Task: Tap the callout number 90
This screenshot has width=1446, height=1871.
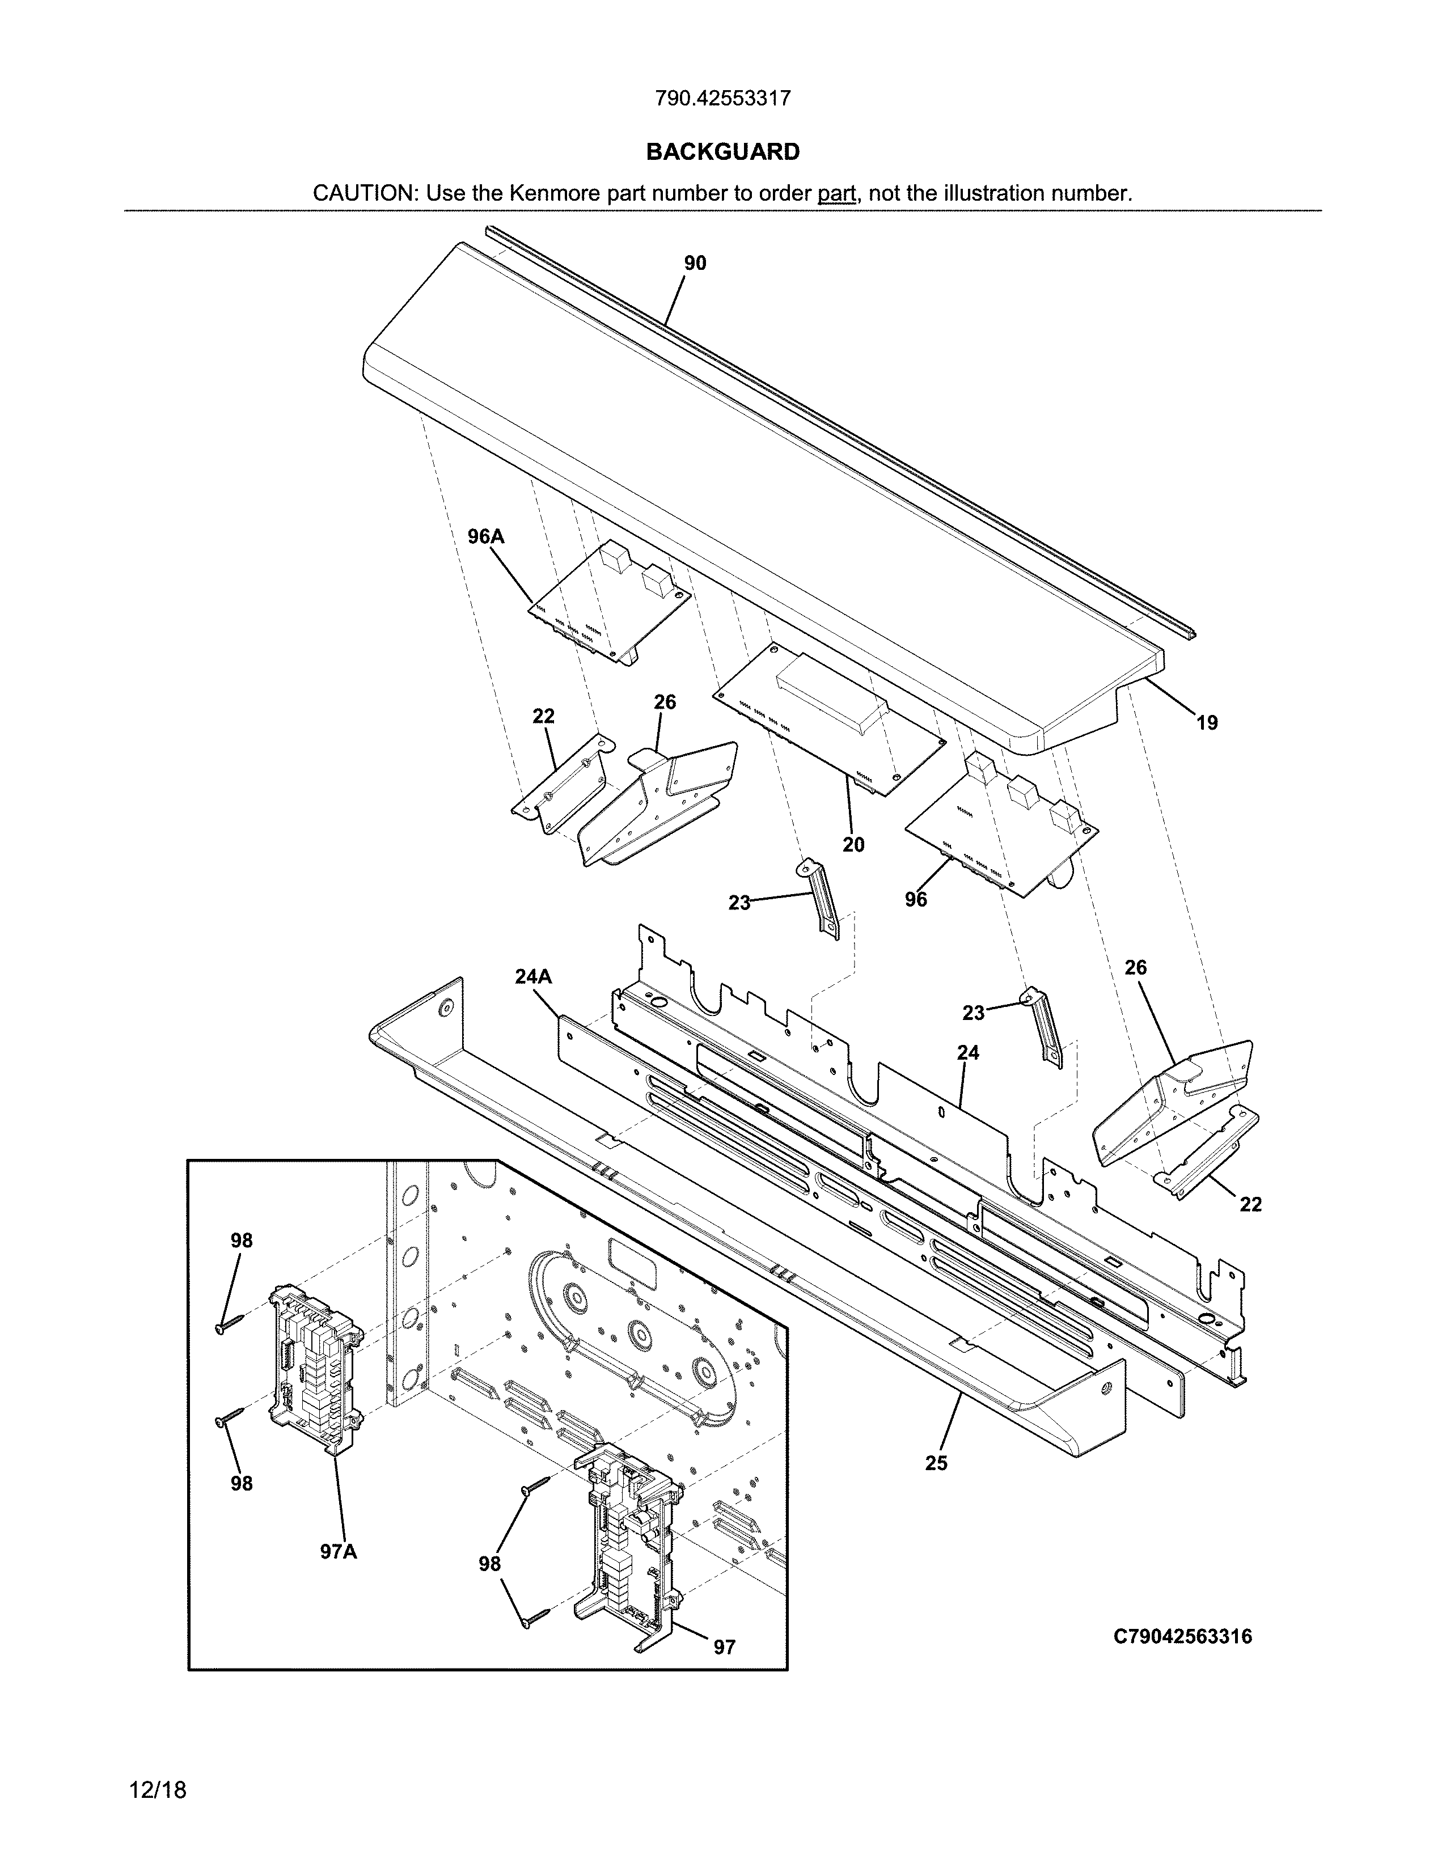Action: (x=695, y=264)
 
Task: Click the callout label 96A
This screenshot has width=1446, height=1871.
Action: (x=486, y=537)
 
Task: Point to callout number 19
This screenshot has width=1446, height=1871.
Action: (x=1206, y=723)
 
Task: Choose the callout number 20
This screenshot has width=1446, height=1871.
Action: (x=853, y=845)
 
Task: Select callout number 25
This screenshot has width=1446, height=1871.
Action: (x=936, y=1463)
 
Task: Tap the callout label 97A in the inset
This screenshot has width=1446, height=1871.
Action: (x=339, y=1551)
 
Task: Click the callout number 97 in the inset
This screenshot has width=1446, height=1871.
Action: (x=725, y=1648)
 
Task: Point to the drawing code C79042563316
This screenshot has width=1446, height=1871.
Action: (x=1182, y=1637)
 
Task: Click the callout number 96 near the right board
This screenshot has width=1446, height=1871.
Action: (x=916, y=900)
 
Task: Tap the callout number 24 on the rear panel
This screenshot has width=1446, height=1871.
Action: (x=968, y=1052)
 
